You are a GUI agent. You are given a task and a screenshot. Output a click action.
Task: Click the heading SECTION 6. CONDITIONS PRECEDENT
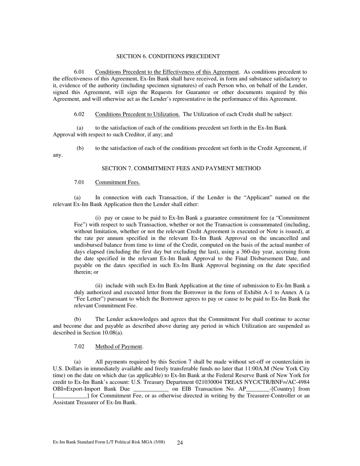point(168,56)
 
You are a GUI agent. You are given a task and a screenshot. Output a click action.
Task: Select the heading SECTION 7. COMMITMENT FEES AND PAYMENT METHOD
point(181,168)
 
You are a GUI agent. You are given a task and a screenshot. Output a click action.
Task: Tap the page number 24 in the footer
point(180,443)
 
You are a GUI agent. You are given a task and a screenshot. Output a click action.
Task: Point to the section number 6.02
point(79,114)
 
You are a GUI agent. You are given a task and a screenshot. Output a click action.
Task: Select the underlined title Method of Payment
point(119,346)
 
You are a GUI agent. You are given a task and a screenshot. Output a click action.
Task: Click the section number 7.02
point(79,346)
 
